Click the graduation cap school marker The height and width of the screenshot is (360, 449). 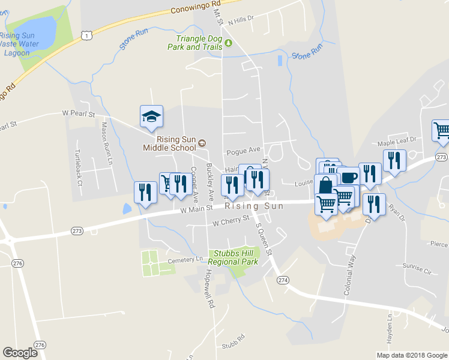(151, 116)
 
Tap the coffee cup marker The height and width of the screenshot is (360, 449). (349, 177)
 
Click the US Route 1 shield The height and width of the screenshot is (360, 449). (88, 37)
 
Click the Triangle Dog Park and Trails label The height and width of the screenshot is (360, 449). (194, 43)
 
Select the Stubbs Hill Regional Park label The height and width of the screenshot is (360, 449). (233, 257)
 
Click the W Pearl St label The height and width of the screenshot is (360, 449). (79, 113)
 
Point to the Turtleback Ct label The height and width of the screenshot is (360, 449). (79, 167)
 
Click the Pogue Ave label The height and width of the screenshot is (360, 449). (243, 150)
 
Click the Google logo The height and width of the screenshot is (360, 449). (20, 353)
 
